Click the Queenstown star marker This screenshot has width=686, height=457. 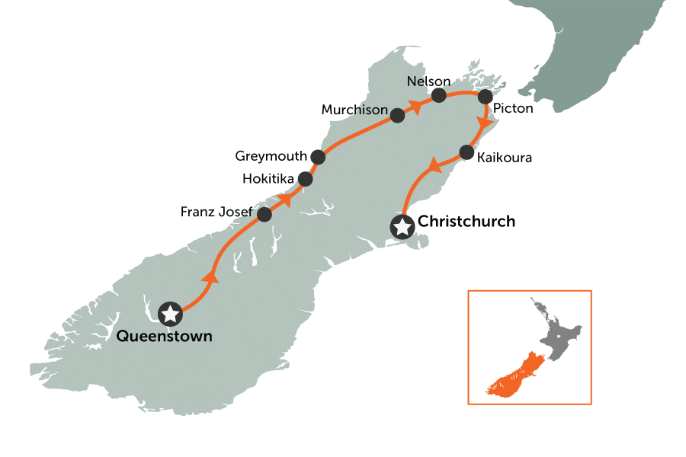tap(171, 313)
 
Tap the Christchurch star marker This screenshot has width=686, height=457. tap(402, 226)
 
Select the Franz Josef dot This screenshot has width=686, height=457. tap(264, 215)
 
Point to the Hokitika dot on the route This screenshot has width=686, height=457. tap(306, 180)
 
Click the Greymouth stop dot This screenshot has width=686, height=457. tap(319, 157)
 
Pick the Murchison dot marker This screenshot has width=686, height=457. tap(397, 116)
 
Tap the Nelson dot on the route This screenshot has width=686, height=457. tap(439, 95)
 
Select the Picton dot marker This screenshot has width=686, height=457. tap(483, 97)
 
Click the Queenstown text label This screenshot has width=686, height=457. tap(165, 336)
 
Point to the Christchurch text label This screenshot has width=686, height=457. tap(466, 222)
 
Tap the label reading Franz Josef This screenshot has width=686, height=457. tap(216, 213)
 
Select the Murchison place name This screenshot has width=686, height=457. tap(354, 110)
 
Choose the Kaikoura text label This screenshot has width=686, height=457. tap(504, 158)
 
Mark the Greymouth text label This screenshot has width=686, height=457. tap(271, 156)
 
